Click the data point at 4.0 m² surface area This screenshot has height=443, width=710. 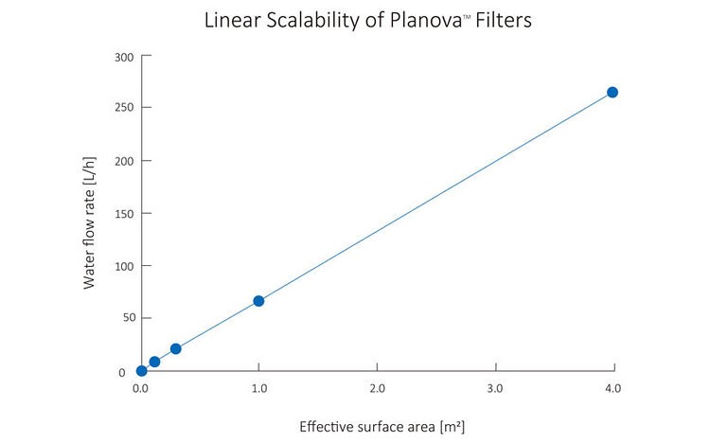tap(612, 92)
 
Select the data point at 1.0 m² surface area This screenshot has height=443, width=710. tap(258, 301)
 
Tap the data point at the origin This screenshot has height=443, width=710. tap(141, 370)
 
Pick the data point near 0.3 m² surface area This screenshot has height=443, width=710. tap(175, 348)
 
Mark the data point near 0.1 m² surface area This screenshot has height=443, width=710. tap(154, 362)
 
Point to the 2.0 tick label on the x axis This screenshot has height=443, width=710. tap(377, 389)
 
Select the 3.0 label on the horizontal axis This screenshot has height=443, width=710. tap(494, 389)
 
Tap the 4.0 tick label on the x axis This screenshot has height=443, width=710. tap(612, 389)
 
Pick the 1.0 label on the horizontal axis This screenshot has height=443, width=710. tap(258, 389)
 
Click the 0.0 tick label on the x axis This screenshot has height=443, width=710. tap(141, 389)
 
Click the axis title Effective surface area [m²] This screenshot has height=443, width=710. tap(382, 426)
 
